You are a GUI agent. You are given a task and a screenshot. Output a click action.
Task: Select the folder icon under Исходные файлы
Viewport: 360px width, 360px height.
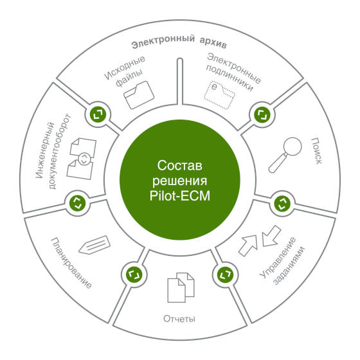139,95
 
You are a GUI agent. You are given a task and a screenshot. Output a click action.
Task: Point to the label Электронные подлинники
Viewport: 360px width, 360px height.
233,72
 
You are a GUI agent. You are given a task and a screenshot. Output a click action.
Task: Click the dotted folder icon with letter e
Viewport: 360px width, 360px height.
219,94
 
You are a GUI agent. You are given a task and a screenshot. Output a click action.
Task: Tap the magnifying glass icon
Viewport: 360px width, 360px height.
285,154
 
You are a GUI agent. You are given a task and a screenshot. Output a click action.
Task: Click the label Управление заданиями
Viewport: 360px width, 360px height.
282,261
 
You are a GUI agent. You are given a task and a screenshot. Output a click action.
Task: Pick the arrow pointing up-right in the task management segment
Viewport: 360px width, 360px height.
248,246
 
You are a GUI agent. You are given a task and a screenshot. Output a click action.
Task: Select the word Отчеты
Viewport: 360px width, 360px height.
179,319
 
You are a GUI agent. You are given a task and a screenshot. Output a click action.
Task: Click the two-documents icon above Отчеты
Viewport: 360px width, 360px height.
181,287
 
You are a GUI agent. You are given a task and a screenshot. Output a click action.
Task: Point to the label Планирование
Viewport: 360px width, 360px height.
71,263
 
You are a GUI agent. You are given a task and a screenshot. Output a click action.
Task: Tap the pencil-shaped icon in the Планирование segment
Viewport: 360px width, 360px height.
94,245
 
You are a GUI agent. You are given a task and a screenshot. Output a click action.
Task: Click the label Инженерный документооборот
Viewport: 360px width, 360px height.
53,151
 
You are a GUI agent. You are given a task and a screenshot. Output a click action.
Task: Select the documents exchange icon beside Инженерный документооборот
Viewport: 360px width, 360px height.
82,158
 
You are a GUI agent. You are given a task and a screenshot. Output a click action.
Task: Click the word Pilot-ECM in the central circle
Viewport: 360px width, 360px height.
180,196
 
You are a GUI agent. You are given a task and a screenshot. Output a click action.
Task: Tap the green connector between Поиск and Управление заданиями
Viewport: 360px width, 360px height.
282,203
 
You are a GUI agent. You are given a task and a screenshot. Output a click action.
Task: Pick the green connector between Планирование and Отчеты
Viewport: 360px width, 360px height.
134,274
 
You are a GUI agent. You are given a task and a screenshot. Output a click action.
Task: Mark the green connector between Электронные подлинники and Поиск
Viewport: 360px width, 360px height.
262,114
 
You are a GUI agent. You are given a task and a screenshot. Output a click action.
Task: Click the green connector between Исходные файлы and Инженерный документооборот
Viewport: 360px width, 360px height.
98,114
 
